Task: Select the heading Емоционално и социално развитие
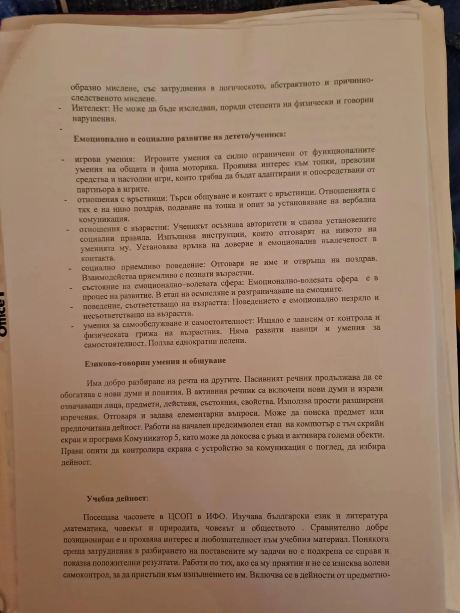click(x=180, y=137)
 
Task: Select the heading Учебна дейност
click(x=117, y=499)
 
